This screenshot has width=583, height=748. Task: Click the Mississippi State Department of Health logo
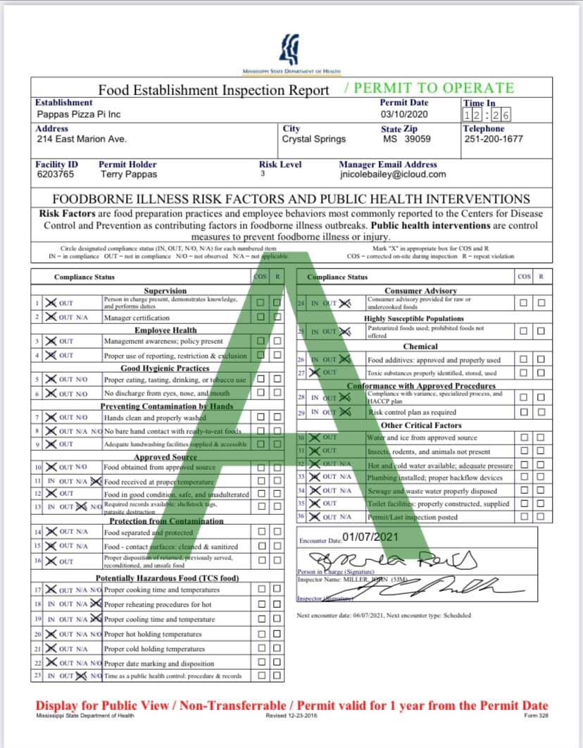[x=291, y=51]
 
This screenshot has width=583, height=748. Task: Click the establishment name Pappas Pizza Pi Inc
[x=78, y=114]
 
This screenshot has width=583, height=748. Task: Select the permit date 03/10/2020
[x=404, y=114]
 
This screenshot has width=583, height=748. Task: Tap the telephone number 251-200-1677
[x=494, y=139]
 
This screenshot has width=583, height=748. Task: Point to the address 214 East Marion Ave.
[x=82, y=139]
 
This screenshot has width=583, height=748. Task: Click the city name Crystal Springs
[x=313, y=139]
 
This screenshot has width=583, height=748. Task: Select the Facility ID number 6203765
[x=54, y=174]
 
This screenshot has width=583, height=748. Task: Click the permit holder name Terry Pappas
[x=129, y=174]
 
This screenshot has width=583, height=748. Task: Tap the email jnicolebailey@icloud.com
[x=392, y=174]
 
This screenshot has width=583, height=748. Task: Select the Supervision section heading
[x=165, y=291]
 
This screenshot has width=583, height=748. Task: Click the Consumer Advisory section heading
[x=420, y=291]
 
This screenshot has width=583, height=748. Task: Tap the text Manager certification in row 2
[x=137, y=318]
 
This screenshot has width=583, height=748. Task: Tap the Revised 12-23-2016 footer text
[x=291, y=716]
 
